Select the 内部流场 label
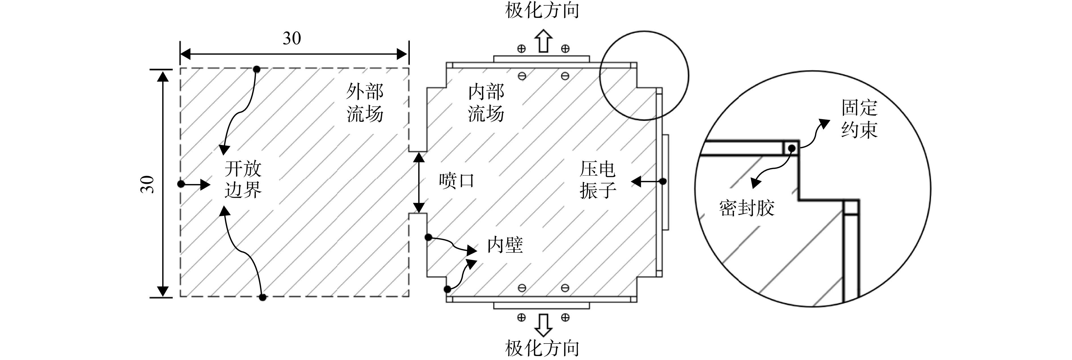point(486,103)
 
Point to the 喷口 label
point(457,181)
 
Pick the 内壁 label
point(505,245)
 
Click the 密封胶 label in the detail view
point(746,208)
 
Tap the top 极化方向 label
point(542,10)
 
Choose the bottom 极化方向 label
point(542,348)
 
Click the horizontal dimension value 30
point(292,38)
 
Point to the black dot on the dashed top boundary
point(257,69)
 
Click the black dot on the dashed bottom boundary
point(263,297)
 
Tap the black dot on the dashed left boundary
point(181,184)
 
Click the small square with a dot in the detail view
point(791,148)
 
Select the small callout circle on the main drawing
point(644,31)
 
